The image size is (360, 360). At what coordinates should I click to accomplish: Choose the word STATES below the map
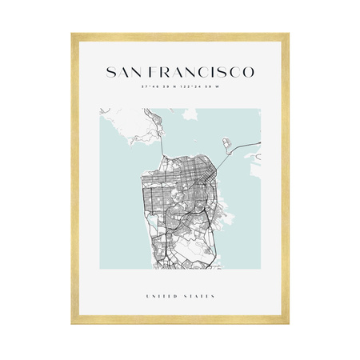(198, 296)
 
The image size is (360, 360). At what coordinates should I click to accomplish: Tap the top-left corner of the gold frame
(72, 34)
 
